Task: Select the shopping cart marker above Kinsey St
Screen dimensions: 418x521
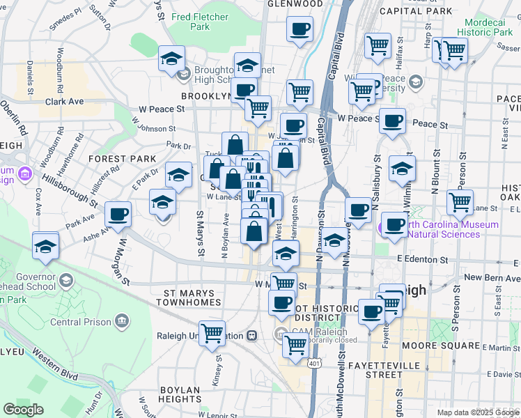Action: coord(212,332)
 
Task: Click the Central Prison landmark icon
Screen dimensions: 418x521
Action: coord(122,321)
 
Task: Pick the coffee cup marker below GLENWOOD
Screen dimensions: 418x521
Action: coord(300,29)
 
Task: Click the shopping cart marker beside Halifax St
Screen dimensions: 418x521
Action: coord(378,45)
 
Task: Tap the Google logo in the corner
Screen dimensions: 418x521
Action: coord(24,410)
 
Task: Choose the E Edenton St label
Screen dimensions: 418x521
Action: coord(420,259)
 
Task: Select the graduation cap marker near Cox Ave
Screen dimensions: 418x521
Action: coord(46,246)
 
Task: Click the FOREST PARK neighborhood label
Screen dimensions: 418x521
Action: coord(123,159)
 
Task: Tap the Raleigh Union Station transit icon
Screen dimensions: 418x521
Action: coord(252,335)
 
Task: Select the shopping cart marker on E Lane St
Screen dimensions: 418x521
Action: coord(460,202)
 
